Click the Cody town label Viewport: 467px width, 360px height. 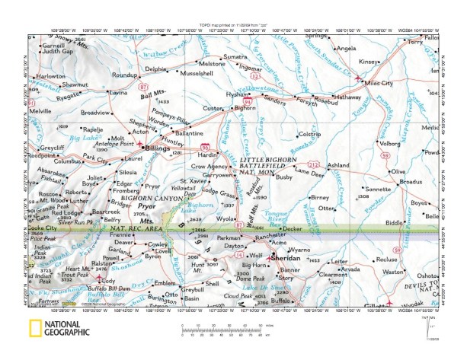pyautogui.click(x=107, y=280)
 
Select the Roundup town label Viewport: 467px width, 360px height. pyautogui.click(x=123, y=75)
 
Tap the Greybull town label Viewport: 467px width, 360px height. pyautogui.click(x=193, y=289)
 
